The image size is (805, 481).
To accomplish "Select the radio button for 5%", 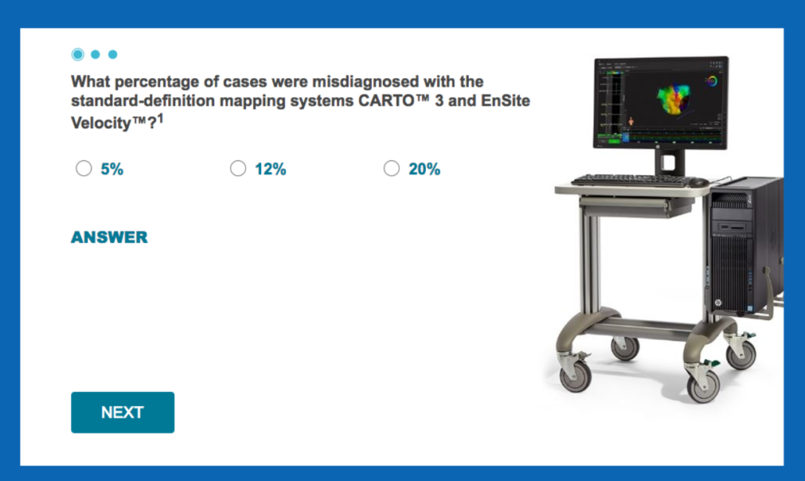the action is [x=84, y=168].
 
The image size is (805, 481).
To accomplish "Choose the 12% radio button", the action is [x=238, y=168].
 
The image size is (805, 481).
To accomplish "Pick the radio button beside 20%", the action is [x=392, y=168].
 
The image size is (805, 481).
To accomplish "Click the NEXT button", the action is [x=123, y=412].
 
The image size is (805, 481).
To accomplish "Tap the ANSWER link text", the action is [x=109, y=237].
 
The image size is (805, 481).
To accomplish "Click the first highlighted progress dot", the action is [x=78, y=54].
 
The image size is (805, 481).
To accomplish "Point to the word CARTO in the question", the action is [x=386, y=100].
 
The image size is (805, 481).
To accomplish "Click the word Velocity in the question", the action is [x=101, y=123].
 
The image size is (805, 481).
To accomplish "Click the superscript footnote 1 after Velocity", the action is [x=160, y=119].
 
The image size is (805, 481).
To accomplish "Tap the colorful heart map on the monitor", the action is [x=674, y=99].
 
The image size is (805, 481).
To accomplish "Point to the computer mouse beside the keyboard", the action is [x=699, y=182].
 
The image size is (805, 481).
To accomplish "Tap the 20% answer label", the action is [x=424, y=169].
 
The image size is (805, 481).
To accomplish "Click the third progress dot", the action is [x=113, y=54].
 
